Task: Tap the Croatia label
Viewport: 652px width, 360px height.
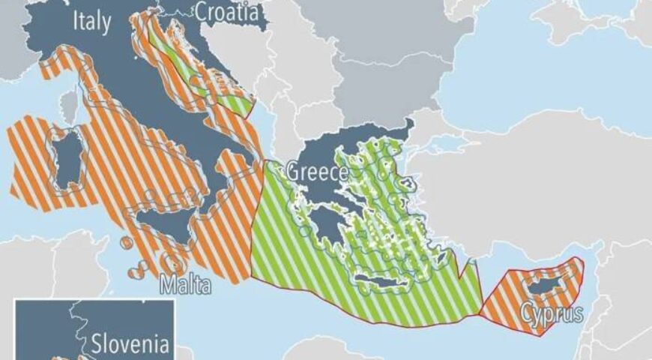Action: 227,12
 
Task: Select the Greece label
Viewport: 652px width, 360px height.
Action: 316,173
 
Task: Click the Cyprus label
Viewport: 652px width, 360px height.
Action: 552,312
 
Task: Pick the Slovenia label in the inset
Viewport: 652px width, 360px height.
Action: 132,346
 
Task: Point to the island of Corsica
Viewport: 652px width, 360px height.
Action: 70,109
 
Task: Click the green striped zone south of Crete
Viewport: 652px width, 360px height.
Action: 390,307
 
